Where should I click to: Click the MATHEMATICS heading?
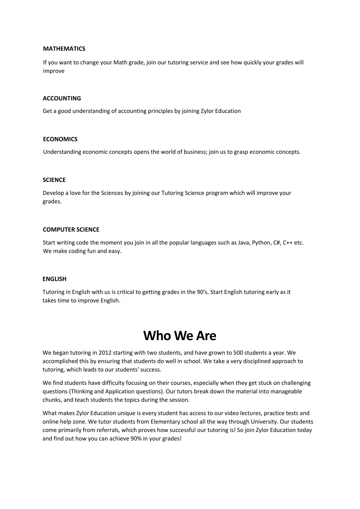[64, 49]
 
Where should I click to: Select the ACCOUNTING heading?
[62, 98]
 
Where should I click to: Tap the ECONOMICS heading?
[60, 139]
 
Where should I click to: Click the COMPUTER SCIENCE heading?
[71, 229]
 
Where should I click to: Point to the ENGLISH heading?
[54, 279]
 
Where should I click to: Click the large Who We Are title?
[180, 336]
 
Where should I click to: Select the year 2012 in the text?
[105, 353]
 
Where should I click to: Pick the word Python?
[262, 243]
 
